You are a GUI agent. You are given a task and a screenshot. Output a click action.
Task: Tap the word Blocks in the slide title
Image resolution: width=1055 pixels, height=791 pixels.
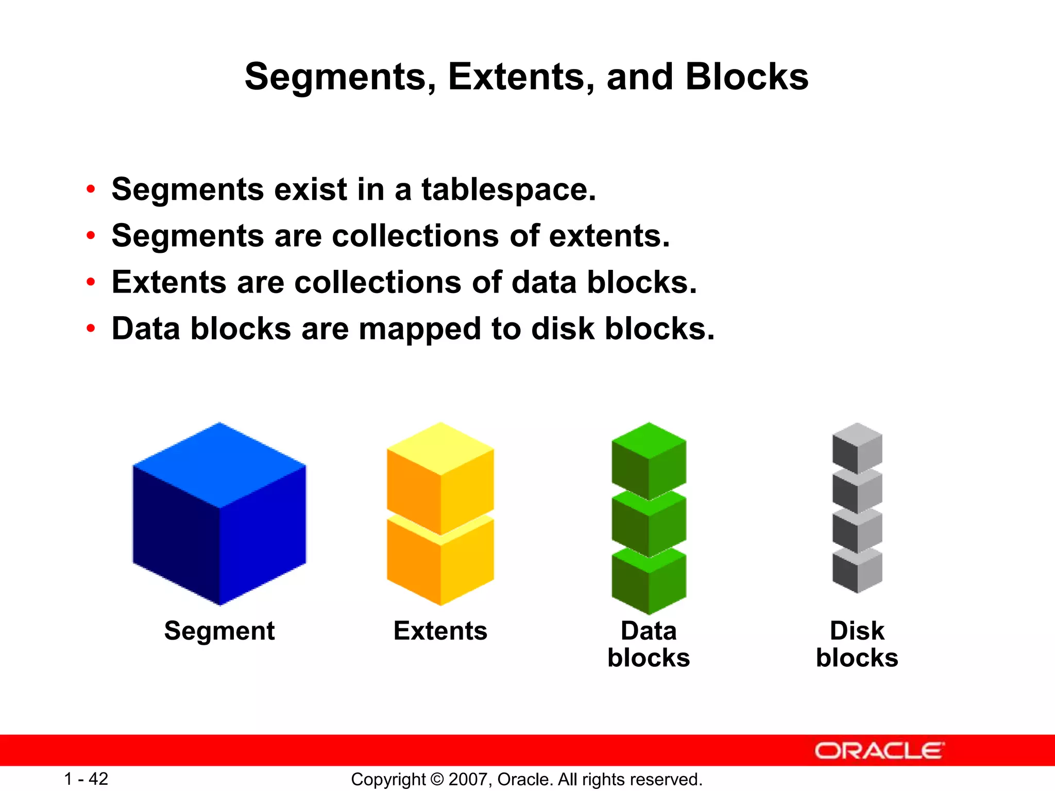746,77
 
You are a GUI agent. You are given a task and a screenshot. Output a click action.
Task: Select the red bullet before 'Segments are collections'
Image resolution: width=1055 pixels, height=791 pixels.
91,236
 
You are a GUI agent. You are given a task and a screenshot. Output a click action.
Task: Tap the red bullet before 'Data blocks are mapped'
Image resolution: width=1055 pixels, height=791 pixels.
91,329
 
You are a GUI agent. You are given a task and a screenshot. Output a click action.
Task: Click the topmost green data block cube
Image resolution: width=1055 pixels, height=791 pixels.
649,458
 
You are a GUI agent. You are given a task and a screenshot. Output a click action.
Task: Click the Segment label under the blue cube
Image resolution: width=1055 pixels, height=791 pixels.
219,631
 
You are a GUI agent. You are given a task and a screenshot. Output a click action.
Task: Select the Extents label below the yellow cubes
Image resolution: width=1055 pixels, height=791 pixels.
440,631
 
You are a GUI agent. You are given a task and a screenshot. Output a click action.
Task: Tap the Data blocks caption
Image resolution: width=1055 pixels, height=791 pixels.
649,644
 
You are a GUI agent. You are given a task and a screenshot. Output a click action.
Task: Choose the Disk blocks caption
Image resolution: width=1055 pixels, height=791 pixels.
857,644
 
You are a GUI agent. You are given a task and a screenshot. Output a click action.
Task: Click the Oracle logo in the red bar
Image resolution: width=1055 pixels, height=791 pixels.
879,751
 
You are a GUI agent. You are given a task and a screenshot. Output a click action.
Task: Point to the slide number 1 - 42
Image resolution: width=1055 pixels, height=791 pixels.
86,779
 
